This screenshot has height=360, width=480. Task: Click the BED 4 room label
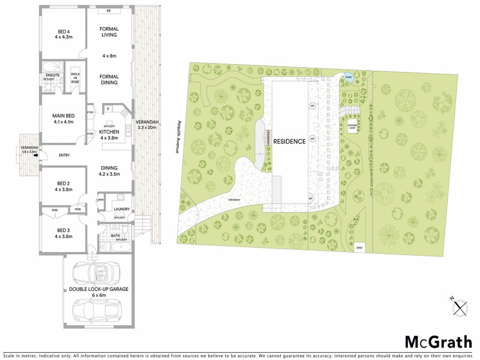63,31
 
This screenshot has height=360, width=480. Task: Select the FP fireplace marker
109,11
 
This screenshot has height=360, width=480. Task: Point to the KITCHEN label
109,131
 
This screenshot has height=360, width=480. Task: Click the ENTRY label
64,155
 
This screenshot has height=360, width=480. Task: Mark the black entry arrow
36,155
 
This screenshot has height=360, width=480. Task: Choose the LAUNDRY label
122,209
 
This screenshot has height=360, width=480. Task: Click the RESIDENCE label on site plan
290,142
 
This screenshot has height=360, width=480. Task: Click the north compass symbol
460,308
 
